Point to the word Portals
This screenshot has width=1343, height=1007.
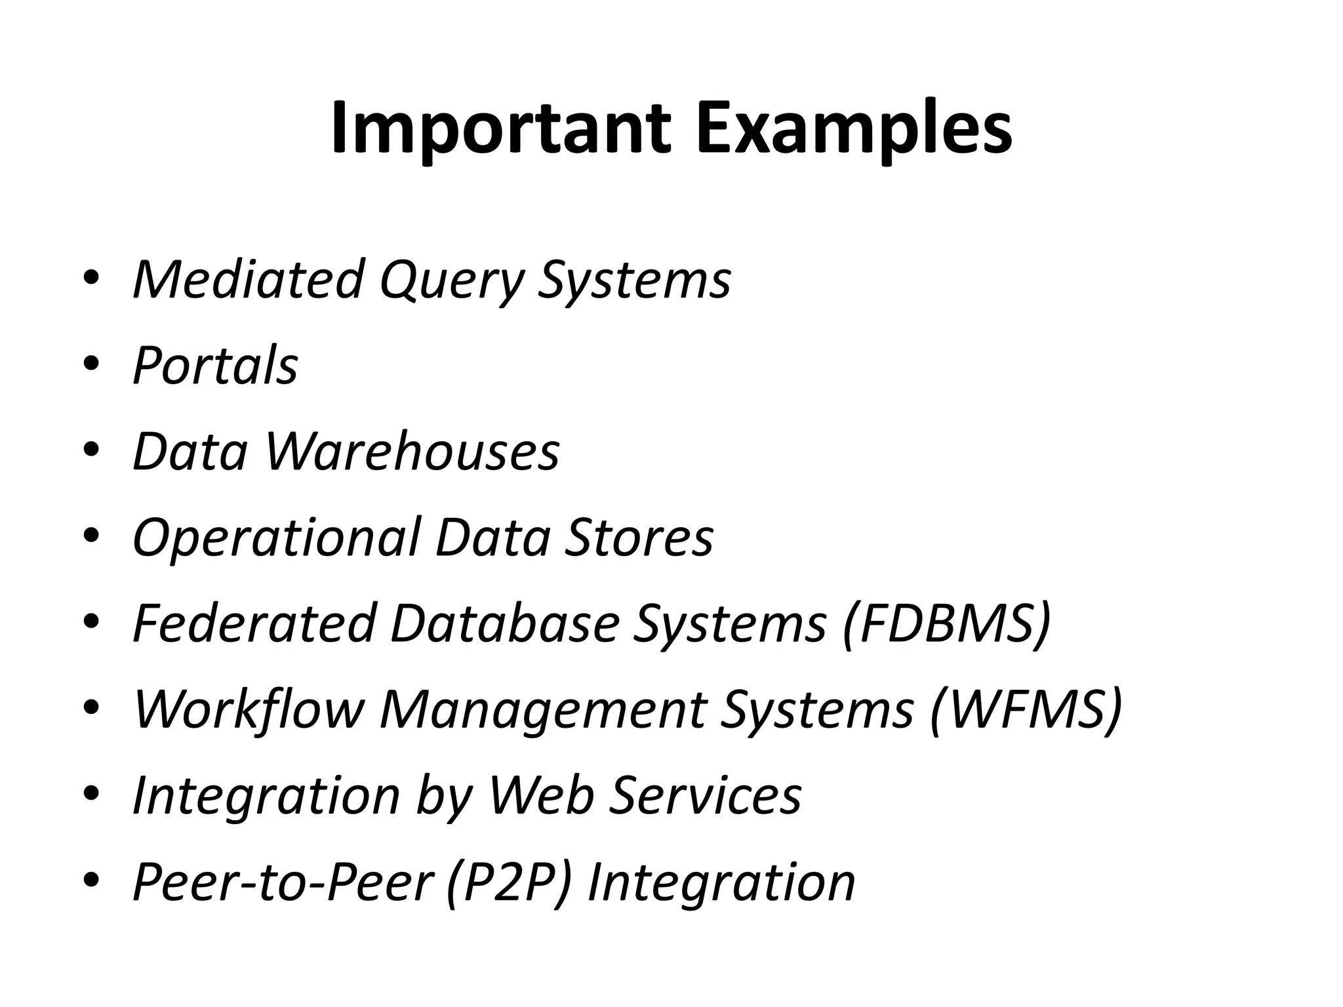(x=215, y=365)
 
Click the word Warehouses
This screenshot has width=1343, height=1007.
(x=412, y=452)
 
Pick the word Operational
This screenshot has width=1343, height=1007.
(x=275, y=538)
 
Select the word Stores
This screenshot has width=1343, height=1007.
(x=638, y=538)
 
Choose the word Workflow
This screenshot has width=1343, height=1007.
(x=249, y=709)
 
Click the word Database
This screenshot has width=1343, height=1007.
(x=505, y=623)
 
